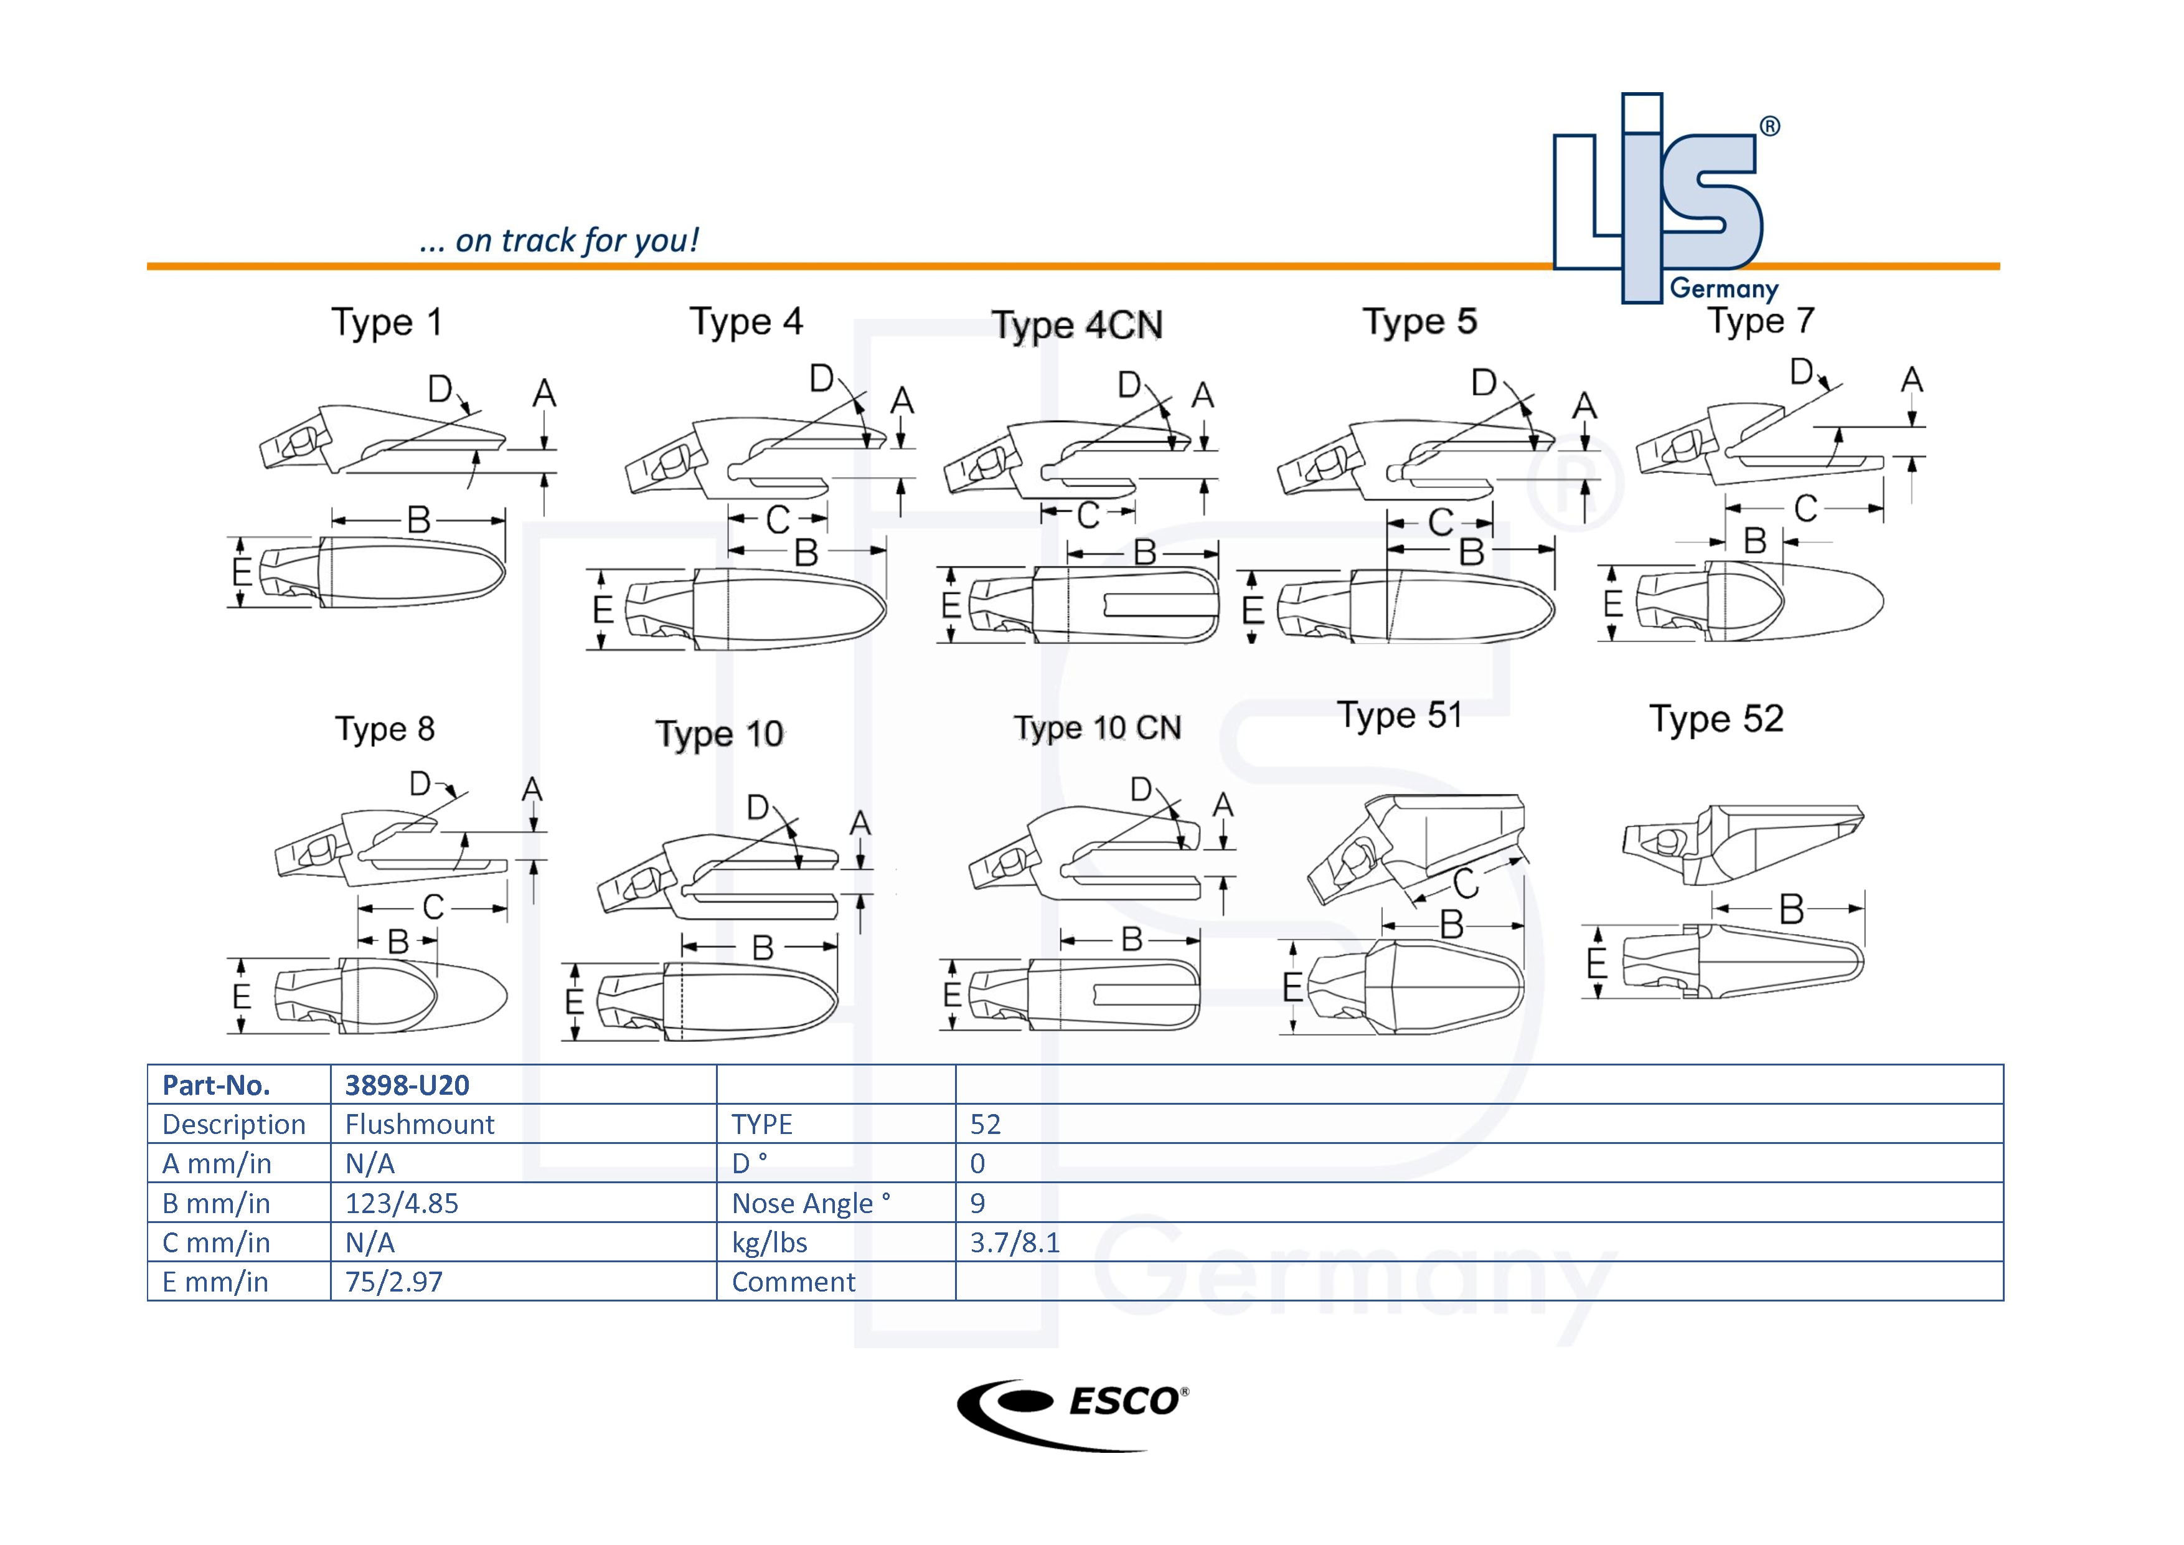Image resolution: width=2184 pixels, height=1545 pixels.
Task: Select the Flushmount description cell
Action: click(420, 1125)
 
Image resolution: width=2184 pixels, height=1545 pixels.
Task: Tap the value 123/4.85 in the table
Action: click(402, 1204)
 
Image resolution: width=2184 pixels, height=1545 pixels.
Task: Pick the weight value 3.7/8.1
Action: click(1014, 1242)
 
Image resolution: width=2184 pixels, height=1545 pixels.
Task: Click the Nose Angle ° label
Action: click(811, 1204)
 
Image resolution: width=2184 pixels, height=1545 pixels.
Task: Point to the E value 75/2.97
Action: click(394, 1282)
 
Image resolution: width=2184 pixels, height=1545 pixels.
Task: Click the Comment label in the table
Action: click(793, 1282)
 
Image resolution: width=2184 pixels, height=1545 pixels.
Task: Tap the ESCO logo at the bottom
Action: click(1073, 1414)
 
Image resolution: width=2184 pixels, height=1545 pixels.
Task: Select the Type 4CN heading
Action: click(1077, 325)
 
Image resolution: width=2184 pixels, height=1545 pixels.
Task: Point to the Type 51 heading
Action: click(1400, 716)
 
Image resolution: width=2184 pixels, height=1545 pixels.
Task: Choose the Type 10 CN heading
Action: click(1097, 729)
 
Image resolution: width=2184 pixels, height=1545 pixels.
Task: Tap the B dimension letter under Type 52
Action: click(1791, 909)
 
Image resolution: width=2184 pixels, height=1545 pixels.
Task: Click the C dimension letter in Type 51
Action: click(1465, 883)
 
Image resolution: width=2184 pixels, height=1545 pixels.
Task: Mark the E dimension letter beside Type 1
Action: click(242, 572)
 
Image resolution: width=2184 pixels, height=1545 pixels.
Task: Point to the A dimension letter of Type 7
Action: click(1911, 380)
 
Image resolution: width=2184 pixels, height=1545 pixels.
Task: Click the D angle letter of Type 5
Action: click(1483, 384)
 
